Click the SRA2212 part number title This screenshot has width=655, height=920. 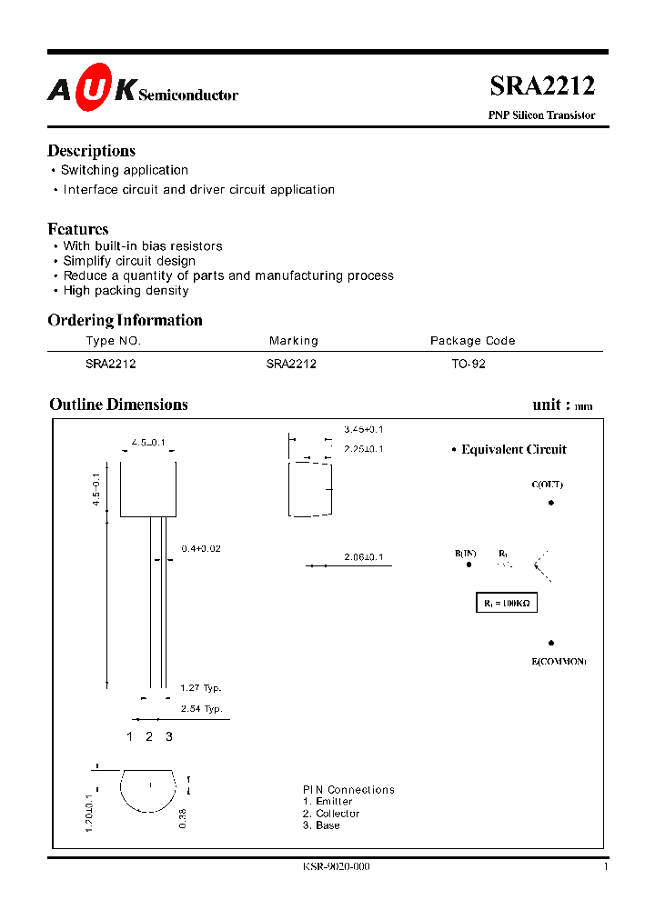pyautogui.click(x=542, y=86)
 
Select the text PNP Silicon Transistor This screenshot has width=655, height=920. pyautogui.click(x=541, y=115)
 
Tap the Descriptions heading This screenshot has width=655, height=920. pyautogui.click(x=91, y=151)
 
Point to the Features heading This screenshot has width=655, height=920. pyautogui.click(x=78, y=229)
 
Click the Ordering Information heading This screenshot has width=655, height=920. pyautogui.click(x=125, y=320)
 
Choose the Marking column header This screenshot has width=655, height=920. pyautogui.click(x=294, y=341)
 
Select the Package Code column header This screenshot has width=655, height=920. pyautogui.click(x=472, y=341)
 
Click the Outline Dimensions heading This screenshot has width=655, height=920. pyautogui.click(x=118, y=405)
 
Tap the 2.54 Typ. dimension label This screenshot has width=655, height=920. pyautogui.click(x=200, y=708)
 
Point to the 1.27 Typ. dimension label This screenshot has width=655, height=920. pyautogui.click(x=200, y=688)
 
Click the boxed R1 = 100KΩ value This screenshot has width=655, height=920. pyautogui.click(x=507, y=603)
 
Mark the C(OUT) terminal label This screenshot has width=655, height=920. pyautogui.click(x=548, y=485)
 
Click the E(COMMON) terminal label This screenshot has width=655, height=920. pyautogui.click(x=559, y=661)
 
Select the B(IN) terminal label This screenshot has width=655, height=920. pyautogui.click(x=466, y=553)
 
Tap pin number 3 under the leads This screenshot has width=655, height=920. pyautogui.click(x=168, y=736)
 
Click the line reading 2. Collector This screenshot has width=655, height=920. pyautogui.click(x=331, y=814)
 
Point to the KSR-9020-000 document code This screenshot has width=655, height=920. pyautogui.click(x=336, y=866)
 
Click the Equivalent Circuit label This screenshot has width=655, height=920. pyautogui.click(x=513, y=449)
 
